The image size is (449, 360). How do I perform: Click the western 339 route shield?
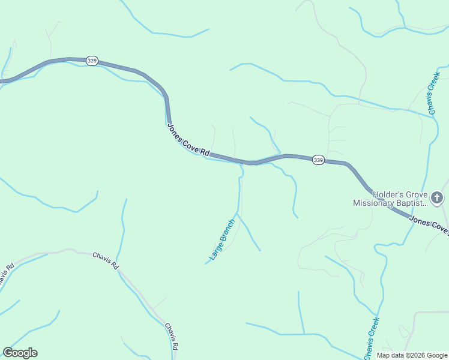[92, 61]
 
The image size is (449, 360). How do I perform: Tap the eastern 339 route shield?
[319, 160]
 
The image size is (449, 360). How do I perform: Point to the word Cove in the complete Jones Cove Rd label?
[193, 146]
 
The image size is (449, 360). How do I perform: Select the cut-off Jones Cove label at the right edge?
[429, 224]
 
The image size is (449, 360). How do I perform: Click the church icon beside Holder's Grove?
[438, 197]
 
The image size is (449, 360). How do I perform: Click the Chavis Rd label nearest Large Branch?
[106, 260]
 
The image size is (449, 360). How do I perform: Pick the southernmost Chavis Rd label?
[172, 336]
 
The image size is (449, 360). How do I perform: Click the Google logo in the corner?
[20, 353]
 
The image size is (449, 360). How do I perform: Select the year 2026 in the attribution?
[416, 355]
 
